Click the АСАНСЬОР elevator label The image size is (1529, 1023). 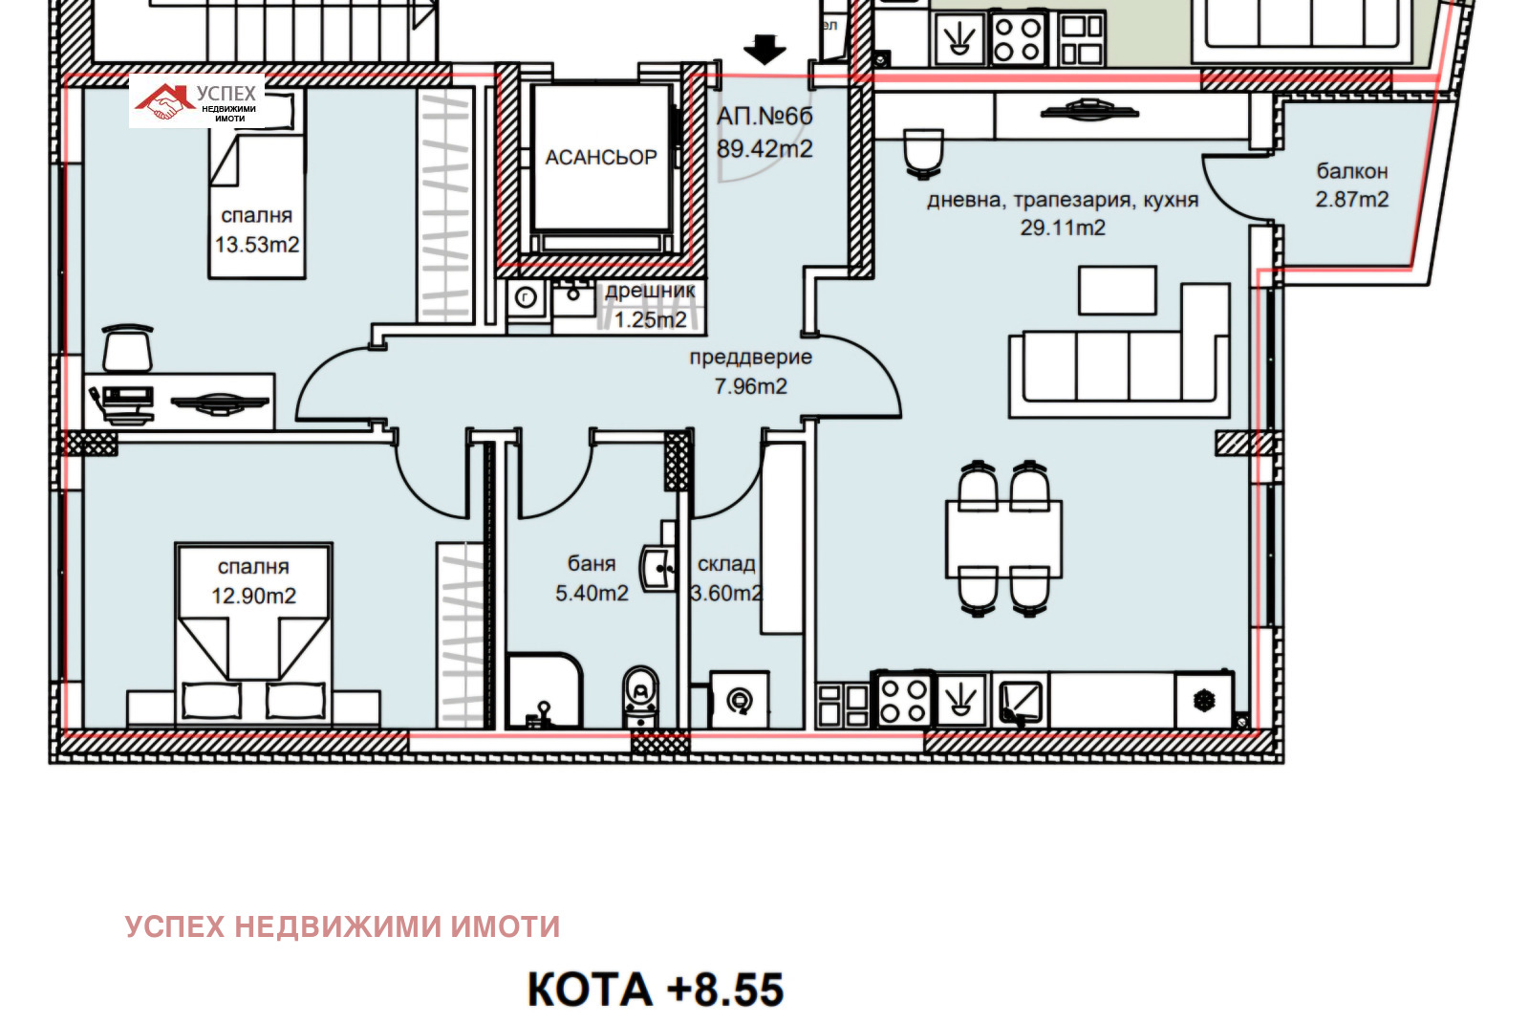[x=600, y=157]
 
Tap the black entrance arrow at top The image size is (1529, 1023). [x=764, y=49]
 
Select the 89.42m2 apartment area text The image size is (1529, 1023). [x=764, y=149]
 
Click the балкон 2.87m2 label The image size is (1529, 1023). [x=1351, y=185]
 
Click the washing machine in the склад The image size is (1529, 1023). [x=739, y=701]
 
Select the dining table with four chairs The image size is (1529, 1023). [x=1002, y=537]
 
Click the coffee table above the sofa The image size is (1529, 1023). [x=1116, y=291]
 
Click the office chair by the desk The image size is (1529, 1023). [x=127, y=348]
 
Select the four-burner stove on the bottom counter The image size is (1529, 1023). [x=903, y=701]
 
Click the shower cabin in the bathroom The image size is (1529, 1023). [x=544, y=691]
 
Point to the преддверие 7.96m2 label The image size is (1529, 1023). [x=750, y=372]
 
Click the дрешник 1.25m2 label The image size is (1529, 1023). [x=650, y=306]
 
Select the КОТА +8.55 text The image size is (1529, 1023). [x=656, y=990]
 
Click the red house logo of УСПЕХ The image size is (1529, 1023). [x=162, y=101]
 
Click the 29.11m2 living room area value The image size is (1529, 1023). [x=1063, y=228]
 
